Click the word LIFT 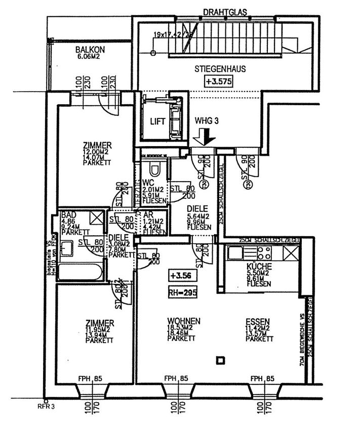coord(154,121)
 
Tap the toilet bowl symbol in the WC coord(156,168)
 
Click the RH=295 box coord(183,292)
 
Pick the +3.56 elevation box coord(181,276)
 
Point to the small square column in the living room coord(220,360)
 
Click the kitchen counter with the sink coord(262,252)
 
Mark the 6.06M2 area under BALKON coord(90,57)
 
